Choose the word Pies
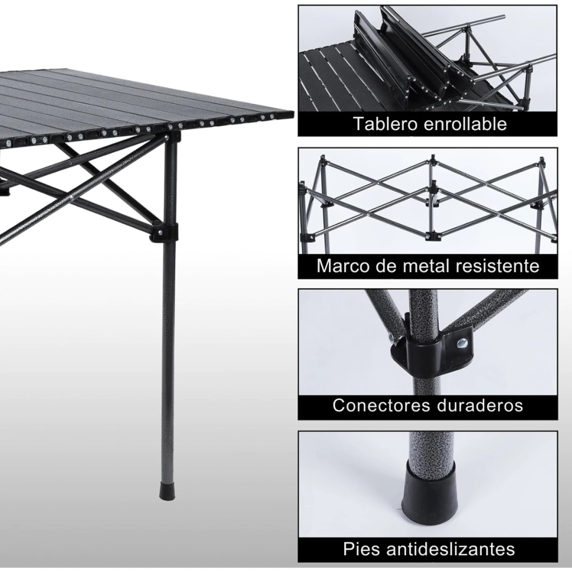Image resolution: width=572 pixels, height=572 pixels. [x=361, y=549]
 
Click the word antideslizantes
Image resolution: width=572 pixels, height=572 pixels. [x=450, y=549]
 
